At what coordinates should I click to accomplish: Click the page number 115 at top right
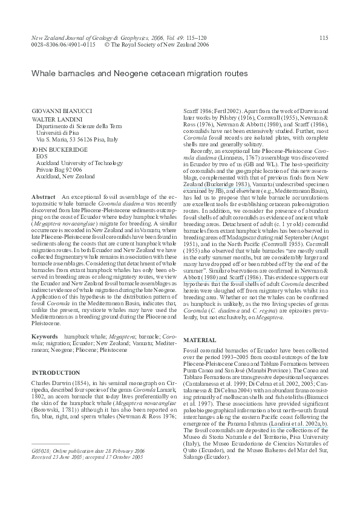[324, 38]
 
